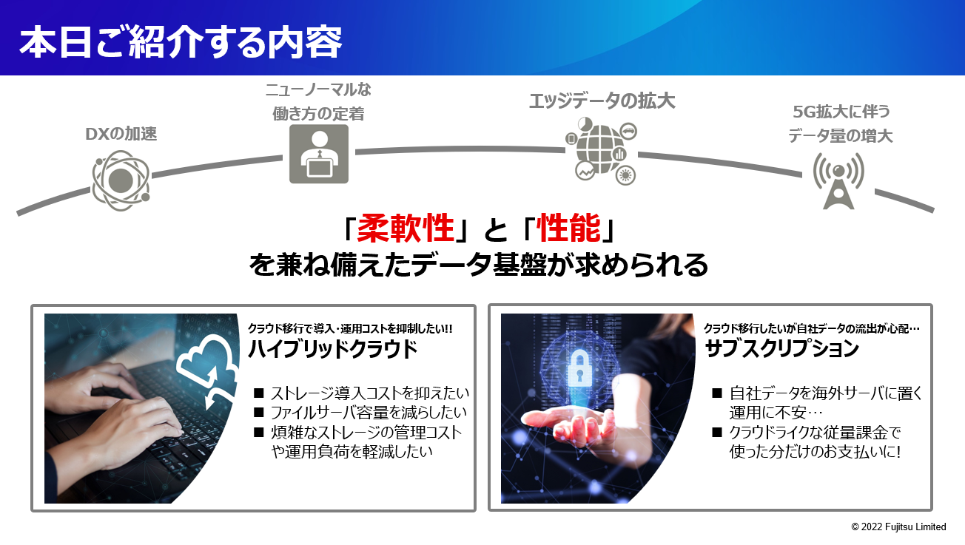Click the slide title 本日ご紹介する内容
[181, 41]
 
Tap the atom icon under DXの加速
[121, 180]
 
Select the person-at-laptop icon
[319, 154]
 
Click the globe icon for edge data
[602, 151]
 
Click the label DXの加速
[121, 134]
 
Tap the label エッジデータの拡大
[602, 101]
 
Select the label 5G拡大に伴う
[841, 112]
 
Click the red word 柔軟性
[406, 229]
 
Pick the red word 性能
[568, 229]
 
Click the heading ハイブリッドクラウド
[332, 349]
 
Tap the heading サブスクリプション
[781, 349]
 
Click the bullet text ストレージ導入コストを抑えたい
[369, 393]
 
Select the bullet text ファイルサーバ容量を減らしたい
[369, 413]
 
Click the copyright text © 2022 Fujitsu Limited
[898, 527]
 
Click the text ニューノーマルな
[318, 90]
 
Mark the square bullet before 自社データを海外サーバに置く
[717, 393]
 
